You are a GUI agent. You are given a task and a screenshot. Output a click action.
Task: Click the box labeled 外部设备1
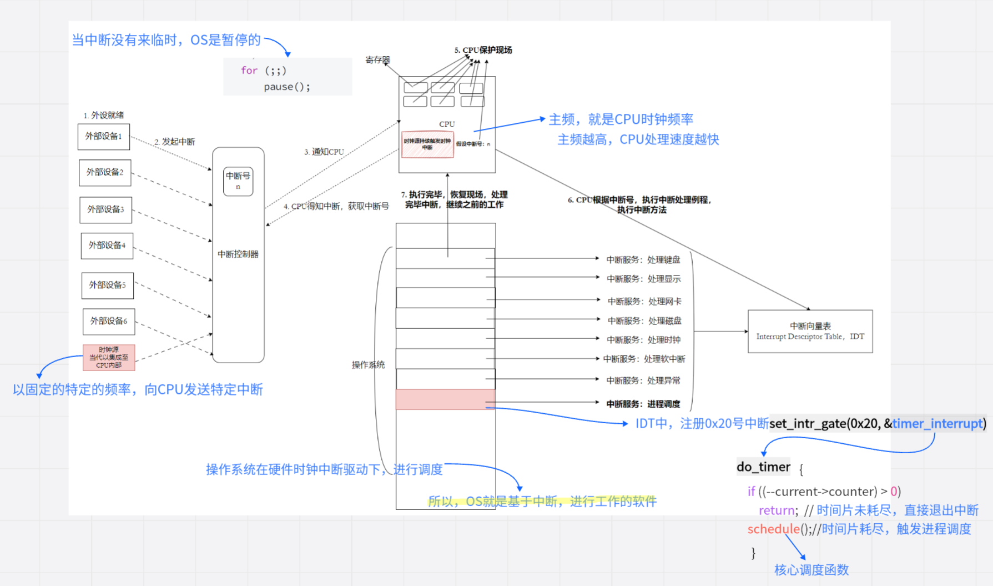[104, 137]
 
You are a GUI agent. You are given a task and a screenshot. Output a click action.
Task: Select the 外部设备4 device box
[107, 246]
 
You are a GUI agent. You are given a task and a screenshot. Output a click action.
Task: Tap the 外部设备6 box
[109, 321]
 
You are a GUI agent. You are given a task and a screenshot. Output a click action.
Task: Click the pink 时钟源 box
[109, 357]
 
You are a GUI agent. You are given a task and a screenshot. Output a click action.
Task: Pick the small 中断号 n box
[238, 181]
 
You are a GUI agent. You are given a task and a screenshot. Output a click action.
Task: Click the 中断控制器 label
[238, 254]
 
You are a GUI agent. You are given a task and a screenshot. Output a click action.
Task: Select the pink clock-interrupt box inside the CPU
[427, 144]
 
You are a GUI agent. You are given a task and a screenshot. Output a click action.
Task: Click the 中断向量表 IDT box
[810, 331]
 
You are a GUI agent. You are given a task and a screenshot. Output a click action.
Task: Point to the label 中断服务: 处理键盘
[643, 259]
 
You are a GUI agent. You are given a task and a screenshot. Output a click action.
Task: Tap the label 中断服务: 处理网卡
[644, 301]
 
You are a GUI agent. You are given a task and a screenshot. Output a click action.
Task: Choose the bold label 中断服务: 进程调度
[643, 404]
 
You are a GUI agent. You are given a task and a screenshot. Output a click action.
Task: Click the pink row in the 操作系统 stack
[445, 399]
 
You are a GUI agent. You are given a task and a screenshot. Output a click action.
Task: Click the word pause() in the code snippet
[286, 87]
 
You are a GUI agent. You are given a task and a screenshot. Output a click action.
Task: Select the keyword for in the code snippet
[249, 71]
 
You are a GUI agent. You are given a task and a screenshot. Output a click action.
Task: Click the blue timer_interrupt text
[937, 423]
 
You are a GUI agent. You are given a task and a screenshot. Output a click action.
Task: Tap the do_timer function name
[763, 467]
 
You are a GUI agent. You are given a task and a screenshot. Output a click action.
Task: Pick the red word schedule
[773, 529]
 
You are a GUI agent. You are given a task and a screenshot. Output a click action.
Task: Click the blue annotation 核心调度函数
[811, 570]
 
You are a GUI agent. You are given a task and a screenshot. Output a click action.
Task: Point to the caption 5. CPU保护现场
[483, 50]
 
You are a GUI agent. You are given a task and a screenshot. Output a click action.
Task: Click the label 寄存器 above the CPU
[377, 59]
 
